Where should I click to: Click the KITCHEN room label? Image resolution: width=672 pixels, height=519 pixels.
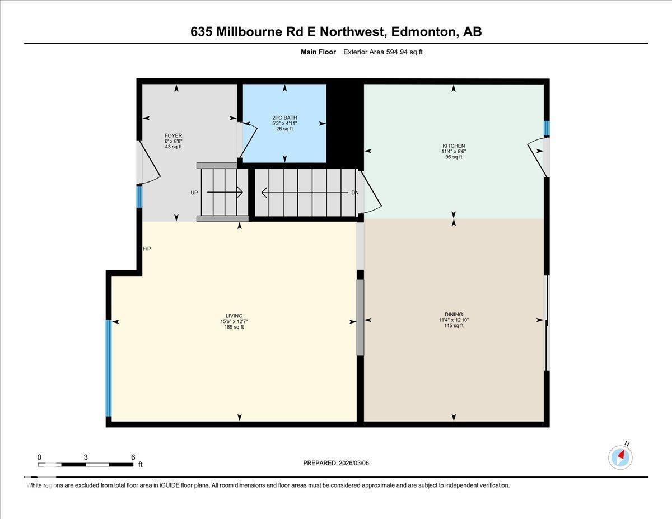point(454,146)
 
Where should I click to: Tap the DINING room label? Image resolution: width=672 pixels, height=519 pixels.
point(454,315)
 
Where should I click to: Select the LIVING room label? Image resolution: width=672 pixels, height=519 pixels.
point(234,316)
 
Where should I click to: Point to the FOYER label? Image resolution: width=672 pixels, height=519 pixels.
point(173,135)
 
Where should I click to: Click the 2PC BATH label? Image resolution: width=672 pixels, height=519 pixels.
point(285,118)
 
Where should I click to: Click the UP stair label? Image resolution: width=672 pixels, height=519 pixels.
point(194,193)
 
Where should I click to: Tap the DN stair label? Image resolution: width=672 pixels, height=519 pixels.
point(354,193)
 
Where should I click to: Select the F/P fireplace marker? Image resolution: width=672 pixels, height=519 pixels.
point(147,249)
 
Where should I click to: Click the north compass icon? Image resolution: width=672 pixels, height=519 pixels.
point(620,457)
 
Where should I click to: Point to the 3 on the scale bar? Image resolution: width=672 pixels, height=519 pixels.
point(86,457)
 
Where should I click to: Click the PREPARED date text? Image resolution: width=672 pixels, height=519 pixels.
point(336,463)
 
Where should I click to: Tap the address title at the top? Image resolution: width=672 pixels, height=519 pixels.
point(336,32)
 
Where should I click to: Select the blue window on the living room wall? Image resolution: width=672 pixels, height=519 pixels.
point(109,368)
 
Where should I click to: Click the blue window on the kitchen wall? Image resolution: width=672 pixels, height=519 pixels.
point(547,128)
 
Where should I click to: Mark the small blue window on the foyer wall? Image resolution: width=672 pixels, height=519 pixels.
point(139,197)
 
